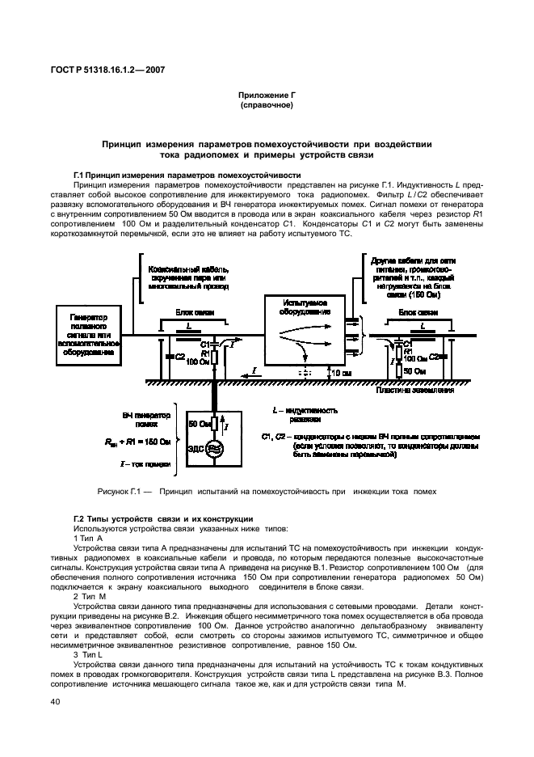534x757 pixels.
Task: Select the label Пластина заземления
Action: point(414,390)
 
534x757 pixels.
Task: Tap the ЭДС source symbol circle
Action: point(214,449)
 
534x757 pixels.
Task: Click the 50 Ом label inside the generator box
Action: point(200,424)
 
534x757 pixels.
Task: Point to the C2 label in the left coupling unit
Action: point(179,356)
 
